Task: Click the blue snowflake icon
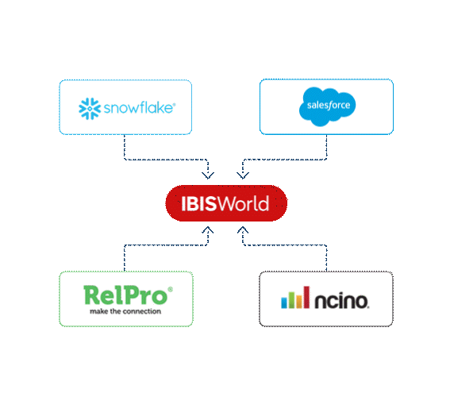click(x=87, y=106)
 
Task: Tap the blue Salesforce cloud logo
click(x=326, y=106)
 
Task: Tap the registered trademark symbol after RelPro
click(x=170, y=290)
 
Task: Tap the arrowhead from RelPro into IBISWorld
click(x=207, y=230)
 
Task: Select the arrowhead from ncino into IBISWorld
click(x=243, y=230)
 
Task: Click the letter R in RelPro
click(x=94, y=296)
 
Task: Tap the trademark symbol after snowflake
click(x=174, y=102)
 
